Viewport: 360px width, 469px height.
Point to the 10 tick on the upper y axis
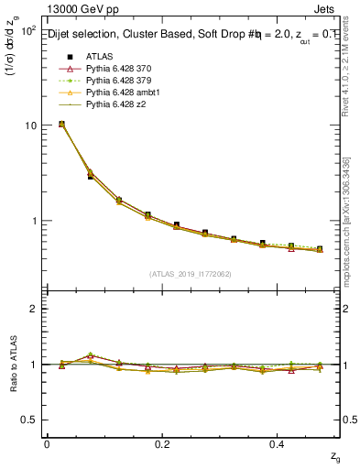[x=29, y=125]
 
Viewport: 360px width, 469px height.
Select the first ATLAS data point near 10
[x=61, y=124]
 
